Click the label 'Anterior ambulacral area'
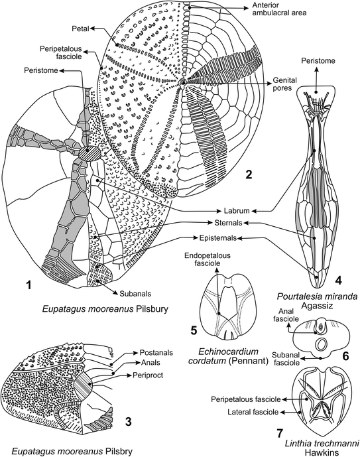click(279, 9)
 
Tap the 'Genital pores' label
click(284, 84)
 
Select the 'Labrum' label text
click(237, 210)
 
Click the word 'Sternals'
click(228, 223)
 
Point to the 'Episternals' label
click(218, 238)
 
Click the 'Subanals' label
click(135, 293)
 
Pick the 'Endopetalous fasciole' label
click(207, 259)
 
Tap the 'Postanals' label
click(156, 352)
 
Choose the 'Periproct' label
click(148, 375)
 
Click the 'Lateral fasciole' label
click(253, 412)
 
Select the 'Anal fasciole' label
click(286, 315)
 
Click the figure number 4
click(338, 280)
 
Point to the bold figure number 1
click(29, 285)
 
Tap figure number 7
click(280, 433)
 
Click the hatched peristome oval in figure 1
click(91, 153)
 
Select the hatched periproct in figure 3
click(84, 385)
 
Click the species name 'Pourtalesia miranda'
click(317, 296)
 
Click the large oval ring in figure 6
click(322, 345)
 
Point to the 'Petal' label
click(80, 29)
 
